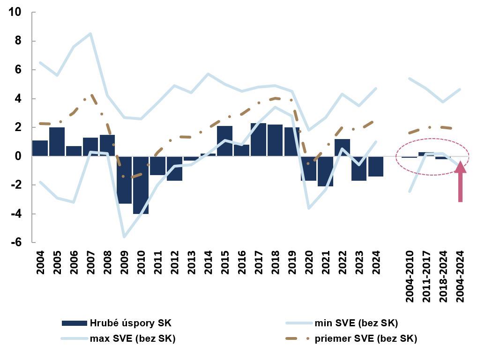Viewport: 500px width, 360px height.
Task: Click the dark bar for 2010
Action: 141,185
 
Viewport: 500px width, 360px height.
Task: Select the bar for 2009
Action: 124,180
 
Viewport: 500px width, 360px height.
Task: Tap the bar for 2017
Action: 258,140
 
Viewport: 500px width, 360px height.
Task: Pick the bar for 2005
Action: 57,141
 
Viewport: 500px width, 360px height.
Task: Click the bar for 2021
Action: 325,171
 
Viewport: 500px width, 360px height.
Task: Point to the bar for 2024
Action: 376,166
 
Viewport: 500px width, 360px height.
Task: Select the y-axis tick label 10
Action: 15,12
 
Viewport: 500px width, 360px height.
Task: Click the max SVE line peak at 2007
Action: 90,34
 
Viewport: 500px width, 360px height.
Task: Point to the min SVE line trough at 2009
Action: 124,237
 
